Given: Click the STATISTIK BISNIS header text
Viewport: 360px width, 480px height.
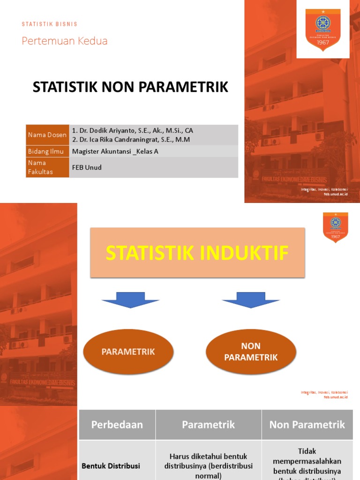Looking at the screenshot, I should (x=49, y=24).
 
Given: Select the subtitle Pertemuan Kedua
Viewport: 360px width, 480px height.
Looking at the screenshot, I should (x=65, y=41).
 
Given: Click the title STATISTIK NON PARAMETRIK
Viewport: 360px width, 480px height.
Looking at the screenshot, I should (x=130, y=87).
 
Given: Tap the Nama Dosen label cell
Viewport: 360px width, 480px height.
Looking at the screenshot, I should (x=47, y=135).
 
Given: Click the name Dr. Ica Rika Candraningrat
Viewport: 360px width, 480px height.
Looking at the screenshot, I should (x=131, y=140).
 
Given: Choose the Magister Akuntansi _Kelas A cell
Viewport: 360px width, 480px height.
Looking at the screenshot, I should (x=115, y=151).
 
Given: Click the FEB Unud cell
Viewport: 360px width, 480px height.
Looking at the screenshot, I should (x=87, y=167).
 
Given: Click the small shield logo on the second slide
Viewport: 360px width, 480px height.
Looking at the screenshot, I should (x=336, y=227).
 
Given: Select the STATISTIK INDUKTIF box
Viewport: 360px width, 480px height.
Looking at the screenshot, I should (x=197, y=253).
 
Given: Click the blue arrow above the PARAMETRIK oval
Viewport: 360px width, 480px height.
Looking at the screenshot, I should (x=130, y=300).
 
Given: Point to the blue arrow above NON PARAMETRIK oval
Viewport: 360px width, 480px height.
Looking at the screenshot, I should (x=251, y=300).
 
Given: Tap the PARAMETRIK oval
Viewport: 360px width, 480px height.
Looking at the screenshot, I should (x=128, y=352).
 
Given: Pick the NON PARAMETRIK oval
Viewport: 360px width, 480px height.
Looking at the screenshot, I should (x=251, y=352).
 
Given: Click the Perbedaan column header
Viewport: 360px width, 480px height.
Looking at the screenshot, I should (x=117, y=425).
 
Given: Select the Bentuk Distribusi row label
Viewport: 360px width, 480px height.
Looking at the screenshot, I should (x=111, y=466).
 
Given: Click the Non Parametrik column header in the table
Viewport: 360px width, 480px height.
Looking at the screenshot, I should (x=307, y=425).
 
